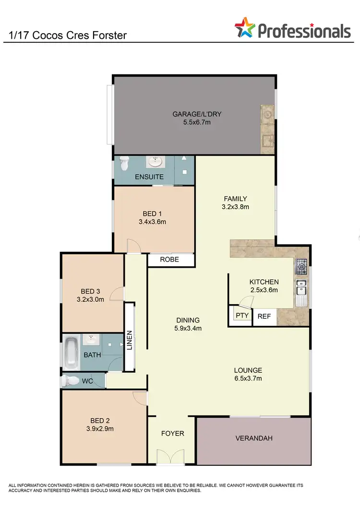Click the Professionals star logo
[x=245, y=29]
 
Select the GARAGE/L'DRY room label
[x=197, y=114]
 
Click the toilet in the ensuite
[x=124, y=164]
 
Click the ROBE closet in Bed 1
[x=170, y=260]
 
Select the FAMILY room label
[x=236, y=199]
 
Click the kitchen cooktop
[x=301, y=265]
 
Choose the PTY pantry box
[x=241, y=316]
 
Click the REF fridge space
[x=264, y=316]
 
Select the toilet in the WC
[x=72, y=381]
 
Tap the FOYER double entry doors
[x=171, y=456]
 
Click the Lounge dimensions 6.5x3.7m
[x=248, y=379]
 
